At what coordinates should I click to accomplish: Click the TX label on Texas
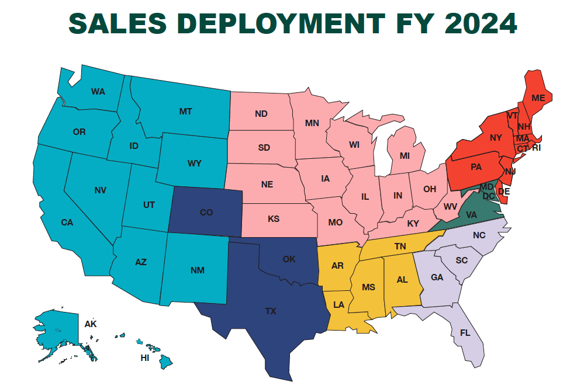point(270,311)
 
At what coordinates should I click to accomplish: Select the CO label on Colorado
point(206,213)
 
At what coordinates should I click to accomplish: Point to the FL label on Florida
point(465,333)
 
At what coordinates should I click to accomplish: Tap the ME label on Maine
point(538,98)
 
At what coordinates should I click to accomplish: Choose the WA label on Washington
point(98,92)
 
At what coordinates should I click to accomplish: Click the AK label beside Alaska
point(90,324)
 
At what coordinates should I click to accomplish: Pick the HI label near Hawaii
point(144,358)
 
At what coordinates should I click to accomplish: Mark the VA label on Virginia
point(471,214)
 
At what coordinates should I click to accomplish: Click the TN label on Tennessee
point(400,246)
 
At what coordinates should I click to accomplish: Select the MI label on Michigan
point(405,156)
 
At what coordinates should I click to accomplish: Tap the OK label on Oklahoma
point(289,259)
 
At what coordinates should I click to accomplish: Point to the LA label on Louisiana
point(338,304)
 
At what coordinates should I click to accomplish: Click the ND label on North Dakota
point(261,113)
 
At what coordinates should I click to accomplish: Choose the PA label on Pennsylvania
point(476,167)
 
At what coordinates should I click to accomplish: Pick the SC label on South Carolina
point(462,259)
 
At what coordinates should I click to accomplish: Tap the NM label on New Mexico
point(197,270)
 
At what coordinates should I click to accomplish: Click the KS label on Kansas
point(273,219)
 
